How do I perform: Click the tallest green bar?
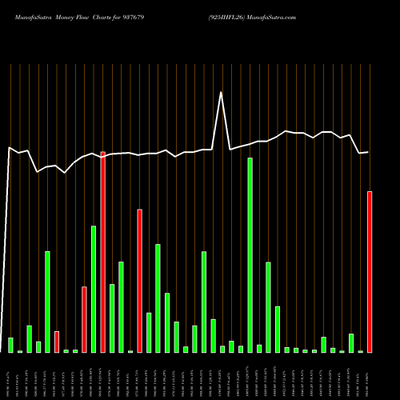(250, 254)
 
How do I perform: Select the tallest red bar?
(102, 251)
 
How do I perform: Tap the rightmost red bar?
(370, 271)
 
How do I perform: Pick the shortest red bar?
(57, 342)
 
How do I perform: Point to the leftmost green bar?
(10, 345)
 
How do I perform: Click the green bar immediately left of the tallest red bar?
(94, 289)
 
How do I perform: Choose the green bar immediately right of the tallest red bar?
(112, 318)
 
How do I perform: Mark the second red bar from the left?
(84, 319)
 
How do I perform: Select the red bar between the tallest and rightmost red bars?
(139, 280)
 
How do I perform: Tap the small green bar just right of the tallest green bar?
(259, 348)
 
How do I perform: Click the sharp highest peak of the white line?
(222, 92)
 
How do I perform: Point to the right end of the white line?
(369, 152)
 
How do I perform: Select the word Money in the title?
(67, 17)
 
